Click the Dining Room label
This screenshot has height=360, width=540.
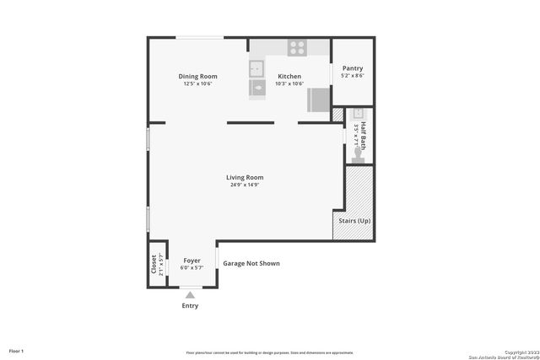pyautogui.click(x=197, y=77)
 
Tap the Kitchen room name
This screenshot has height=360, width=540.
pyautogui.click(x=289, y=77)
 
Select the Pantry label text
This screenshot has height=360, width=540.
pyautogui.click(x=352, y=68)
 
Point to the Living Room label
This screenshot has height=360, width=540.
pyautogui.click(x=245, y=177)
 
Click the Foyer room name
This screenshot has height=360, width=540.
pyautogui.click(x=192, y=261)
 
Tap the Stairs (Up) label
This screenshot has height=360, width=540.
pyautogui.click(x=354, y=221)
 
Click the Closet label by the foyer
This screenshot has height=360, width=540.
pyautogui.click(x=154, y=265)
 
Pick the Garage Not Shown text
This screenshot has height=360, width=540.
pyautogui.click(x=251, y=264)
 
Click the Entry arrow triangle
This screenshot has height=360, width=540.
pyautogui.click(x=191, y=294)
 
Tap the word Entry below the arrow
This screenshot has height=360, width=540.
pyautogui.click(x=191, y=305)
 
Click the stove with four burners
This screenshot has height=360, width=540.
pyautogui.click(x=296, y=47)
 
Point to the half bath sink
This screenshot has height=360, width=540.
pyautogui.click(x=358, y=113)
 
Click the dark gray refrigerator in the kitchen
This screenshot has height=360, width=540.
pyautogui.click(x=319, y=100)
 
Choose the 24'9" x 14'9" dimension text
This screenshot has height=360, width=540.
pyautogui.click(x=245, y=185)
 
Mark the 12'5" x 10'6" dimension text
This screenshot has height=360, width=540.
pyautogui.click(x=197, y=83)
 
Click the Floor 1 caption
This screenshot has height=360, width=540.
pyautogui.click(x=16, y=350)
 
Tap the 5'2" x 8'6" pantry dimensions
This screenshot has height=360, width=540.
pyautogui.click(x=352, y=76)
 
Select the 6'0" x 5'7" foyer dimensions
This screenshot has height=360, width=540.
pyautogui.click(x=192, y=267)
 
